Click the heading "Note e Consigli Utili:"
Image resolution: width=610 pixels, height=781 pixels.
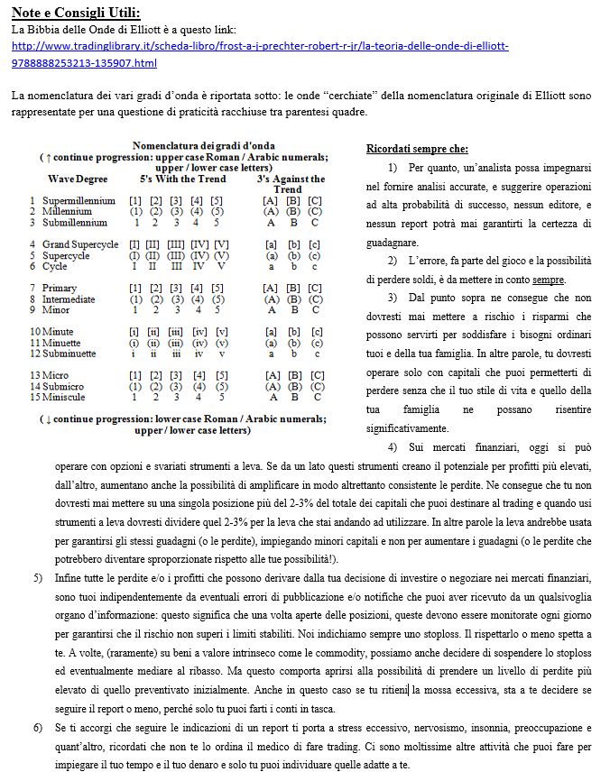pyautogui.click(x=76, y=12)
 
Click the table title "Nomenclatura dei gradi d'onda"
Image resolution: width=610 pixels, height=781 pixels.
pyautogui.click(x=203, y=145)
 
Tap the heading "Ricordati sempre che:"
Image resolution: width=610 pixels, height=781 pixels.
pyautogui.click(x=417, y=149)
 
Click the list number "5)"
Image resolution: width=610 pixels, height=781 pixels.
pyautogui.click(x=37, y=576)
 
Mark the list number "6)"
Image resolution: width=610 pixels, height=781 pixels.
pyautogui.click(x=37, y=727)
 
